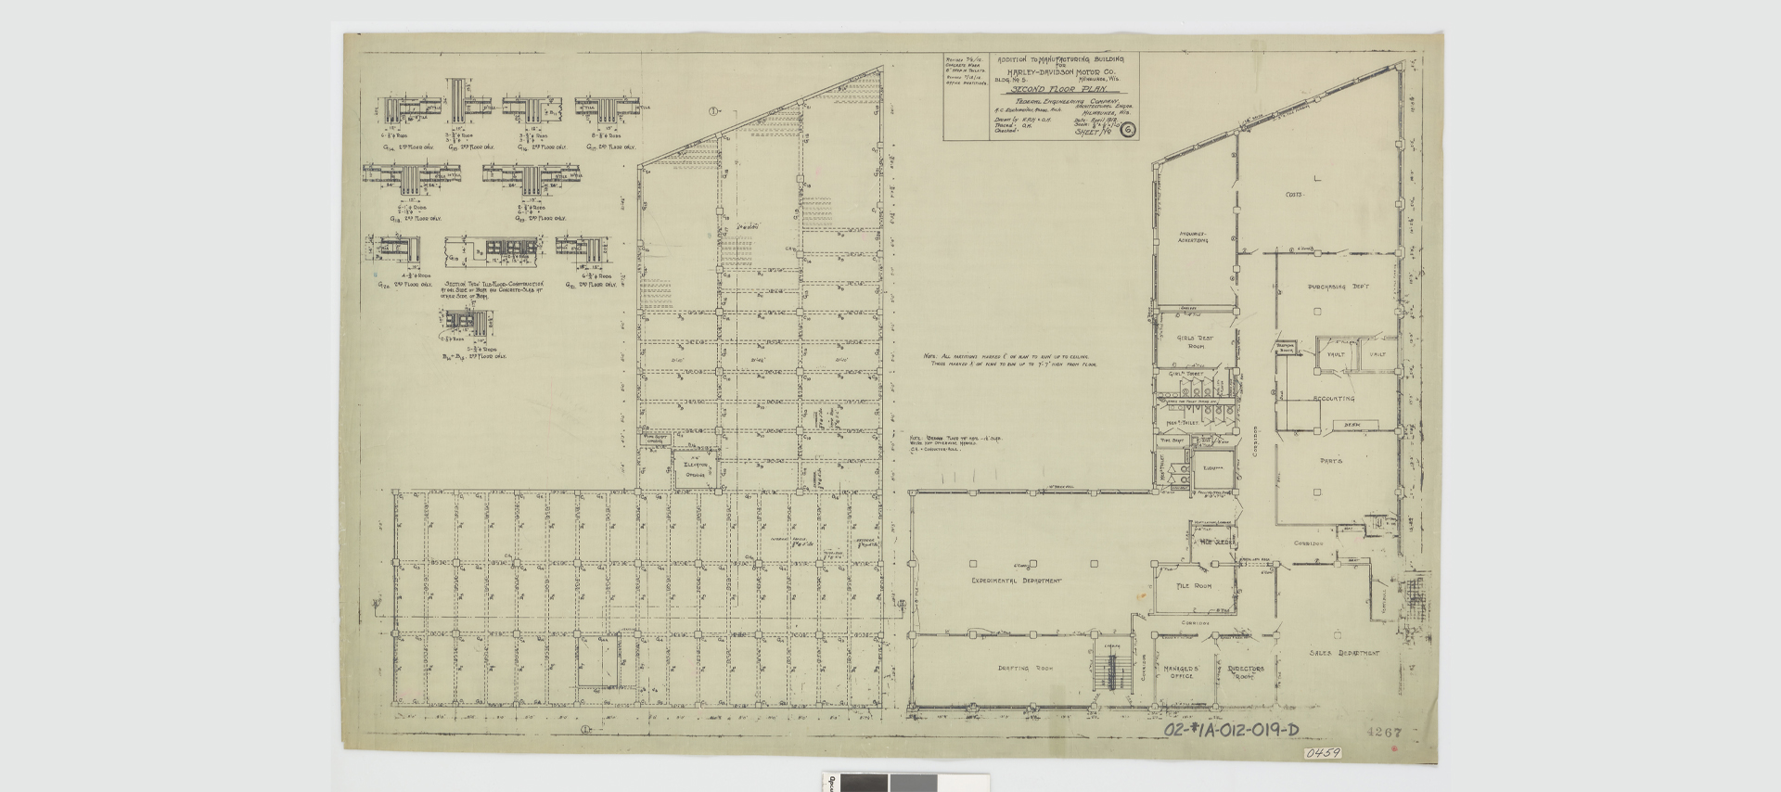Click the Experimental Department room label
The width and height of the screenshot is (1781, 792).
click(1016, 581)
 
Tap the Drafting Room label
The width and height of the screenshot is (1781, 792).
click(1025, 668)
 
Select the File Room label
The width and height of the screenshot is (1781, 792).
click(1194, 586)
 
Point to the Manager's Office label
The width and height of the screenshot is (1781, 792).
click(1181, 671)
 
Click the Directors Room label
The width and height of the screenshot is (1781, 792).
click(1245, 671)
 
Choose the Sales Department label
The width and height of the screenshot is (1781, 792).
click(1343, 653)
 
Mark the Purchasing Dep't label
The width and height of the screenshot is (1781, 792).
click(1338, 287)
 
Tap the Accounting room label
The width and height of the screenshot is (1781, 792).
click(1333, 399)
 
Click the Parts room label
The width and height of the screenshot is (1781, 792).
click(1331, 460)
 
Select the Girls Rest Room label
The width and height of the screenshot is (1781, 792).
click(1195, 342)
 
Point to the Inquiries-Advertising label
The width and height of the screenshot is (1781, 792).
click(1193, 236)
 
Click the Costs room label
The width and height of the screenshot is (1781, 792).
click(1295, 195)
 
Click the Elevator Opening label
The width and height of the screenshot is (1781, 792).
click(695, 469)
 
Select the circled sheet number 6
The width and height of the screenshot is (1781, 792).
click(1128, 130)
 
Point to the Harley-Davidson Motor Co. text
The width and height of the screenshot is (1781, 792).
click(1061, 71)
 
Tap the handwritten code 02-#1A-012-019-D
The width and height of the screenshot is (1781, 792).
click(1231, 731)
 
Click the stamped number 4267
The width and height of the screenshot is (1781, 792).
click(1383, 732)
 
